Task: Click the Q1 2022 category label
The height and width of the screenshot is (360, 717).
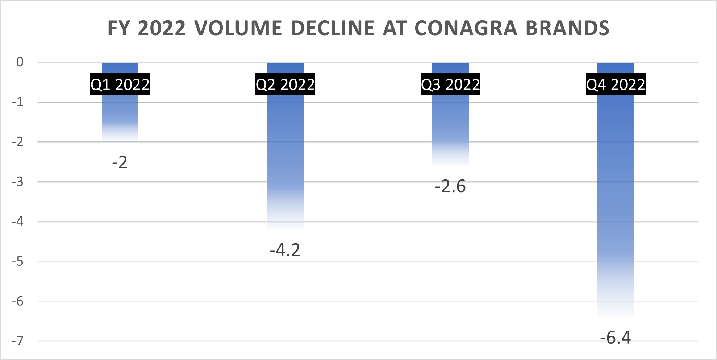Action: pyautogui.click(x=120, y=84)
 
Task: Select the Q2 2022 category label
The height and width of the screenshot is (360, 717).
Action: pyautogui.click(x=285, y=84)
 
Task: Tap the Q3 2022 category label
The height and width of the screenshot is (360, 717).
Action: pyautogui.click(x=450, y=84)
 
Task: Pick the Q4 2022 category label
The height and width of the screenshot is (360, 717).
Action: pyautogui.click(x=616, y=84)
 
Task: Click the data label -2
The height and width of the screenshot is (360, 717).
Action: pyautogui.click(x=120, y=162)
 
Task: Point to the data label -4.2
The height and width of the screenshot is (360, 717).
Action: pyautogui.click(x=285, y=250)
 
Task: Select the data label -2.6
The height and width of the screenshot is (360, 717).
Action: pyautogui.click(x=450, y=186)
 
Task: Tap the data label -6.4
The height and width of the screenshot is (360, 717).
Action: pyautogui.click(x=616, y=338)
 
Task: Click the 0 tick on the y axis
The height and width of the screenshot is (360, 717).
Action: pyautogui.click(x=20, y=62)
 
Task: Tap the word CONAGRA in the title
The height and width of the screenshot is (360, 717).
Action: pyautogui.click(x=466, y=28)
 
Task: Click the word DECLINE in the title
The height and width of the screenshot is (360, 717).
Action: pyautogui.click(x=333, y=28)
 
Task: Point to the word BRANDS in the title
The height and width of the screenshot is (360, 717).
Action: pyautogui.click(x=567, y=28)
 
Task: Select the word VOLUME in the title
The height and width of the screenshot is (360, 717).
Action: pyautogui.click(x=238, y=28)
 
